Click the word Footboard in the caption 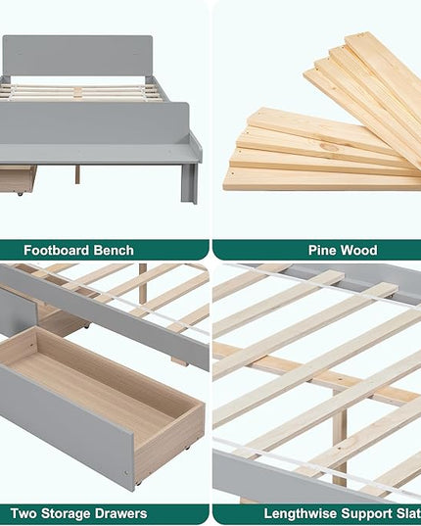[57, 250]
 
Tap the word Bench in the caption [114, 250]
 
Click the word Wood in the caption [359, 250]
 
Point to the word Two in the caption [23, 513]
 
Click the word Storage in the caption [66, 514]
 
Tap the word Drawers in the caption [120, 513]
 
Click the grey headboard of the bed [77, 56]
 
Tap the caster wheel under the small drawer [20, 194]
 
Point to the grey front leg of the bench [189, 183]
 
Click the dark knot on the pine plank [330, 147]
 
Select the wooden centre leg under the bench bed [77, 174]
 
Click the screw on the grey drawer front [126, 473]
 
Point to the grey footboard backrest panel [95, 123]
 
